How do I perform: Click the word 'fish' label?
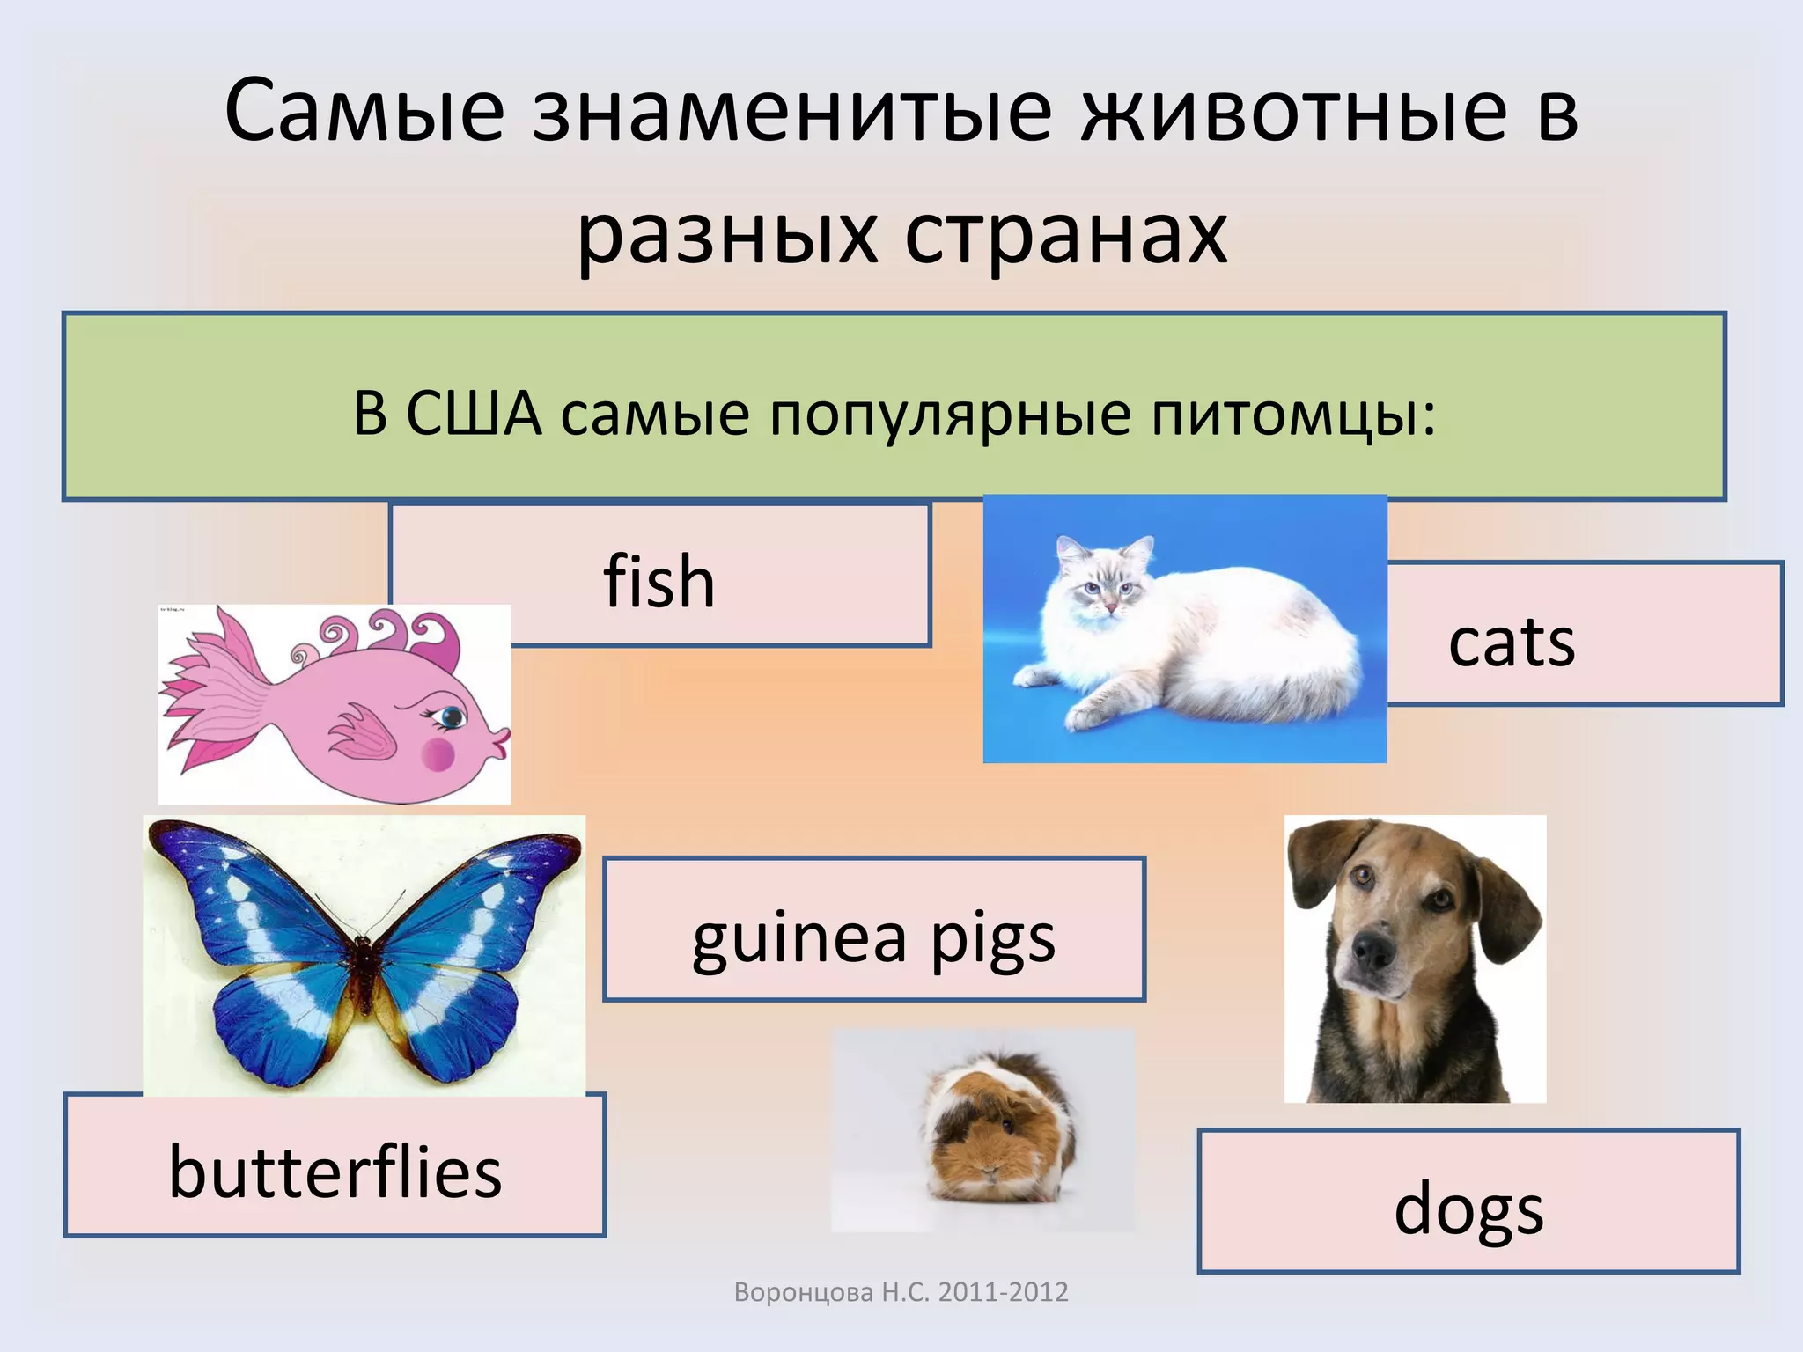click(659, 582)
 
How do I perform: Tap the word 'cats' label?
click(1511, 643)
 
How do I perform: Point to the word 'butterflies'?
click(335, 1172)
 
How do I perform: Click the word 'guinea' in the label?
click(798, 938)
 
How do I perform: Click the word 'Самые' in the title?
click(364, 112)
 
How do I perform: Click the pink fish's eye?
click(452, 716)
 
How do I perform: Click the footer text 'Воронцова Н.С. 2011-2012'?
click(901, 1292)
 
